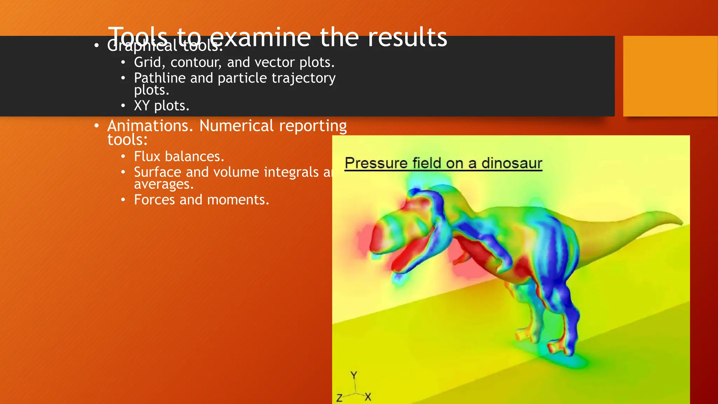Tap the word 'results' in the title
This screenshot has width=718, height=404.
pyautogui.click(x=407, y=37)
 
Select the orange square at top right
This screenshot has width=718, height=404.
pyautogui.click(x=670, y=76)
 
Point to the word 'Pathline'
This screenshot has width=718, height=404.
pyautogui.click(x=160, y=78)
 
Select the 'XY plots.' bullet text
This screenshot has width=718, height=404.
pyautogui.click(x=161, y=106)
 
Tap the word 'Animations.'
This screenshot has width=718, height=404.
pyautogui.click(x=150, y=126)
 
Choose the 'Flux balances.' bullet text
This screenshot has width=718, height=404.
pyautogui.click(x=179, y=156)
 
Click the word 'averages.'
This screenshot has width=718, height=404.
pyautogui.click(x=163, y=184)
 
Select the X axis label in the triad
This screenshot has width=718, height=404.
pyautogui.click(x=368, y=397)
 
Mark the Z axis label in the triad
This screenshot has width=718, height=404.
pyautogui.click(x=339, y=398)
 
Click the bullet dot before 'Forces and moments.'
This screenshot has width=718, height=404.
pyautogui.click(x=123, y=200)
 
